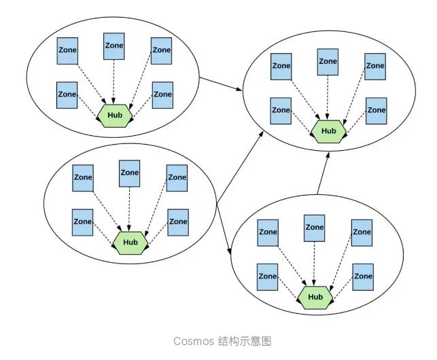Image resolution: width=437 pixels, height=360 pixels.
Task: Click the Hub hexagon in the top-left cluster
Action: click(x=114, y=115)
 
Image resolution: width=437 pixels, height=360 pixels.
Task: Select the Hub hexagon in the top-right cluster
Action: click(x=328, y=130)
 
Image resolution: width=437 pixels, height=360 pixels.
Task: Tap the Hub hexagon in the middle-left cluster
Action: click(x=130, y=242)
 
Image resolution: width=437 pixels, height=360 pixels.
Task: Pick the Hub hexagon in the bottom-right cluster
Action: click(x=315, y=297)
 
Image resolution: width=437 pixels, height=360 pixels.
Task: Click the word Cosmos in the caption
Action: click(x=193, y=341)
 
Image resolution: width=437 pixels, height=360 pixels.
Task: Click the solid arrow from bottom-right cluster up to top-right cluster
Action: click(x=324, y=173)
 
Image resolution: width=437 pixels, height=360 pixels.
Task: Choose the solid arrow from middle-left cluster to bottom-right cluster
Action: click(x=225, y=230)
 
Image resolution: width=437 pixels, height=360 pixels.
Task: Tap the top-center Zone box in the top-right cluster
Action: click(x=328, y=62)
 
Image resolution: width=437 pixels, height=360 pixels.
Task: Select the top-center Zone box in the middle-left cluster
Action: click(x=129, y=173)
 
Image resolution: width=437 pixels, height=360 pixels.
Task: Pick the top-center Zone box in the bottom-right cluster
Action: click(x=314, y=228)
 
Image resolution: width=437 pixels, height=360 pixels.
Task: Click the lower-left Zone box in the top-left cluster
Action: click(x=67, y=94)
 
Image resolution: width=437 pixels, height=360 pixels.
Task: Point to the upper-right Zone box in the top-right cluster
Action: click(x=374, y=67)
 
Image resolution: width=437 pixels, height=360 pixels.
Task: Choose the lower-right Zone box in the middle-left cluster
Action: click(x=178, y=222)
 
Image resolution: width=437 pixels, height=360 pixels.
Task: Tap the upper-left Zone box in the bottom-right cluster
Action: click(x=268, y=232)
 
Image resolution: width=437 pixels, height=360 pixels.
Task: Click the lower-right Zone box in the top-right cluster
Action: click(x=376, y=110)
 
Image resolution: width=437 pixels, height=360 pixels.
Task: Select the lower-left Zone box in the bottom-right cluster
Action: click(x=267, y=276)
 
